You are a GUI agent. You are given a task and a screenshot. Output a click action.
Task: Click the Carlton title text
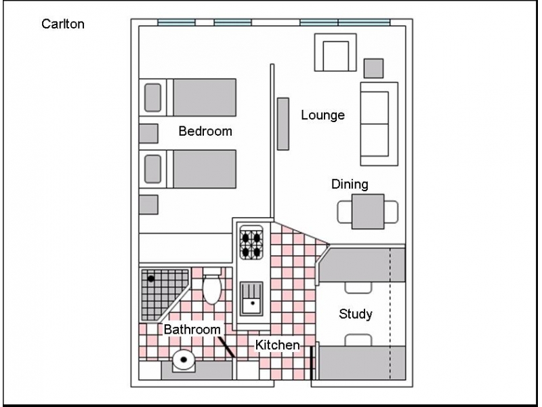[63, 24]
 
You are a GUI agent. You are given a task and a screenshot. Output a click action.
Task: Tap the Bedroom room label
[205, 131]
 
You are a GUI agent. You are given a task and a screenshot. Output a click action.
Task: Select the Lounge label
[323, 115]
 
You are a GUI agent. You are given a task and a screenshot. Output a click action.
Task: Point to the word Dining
[350, 185]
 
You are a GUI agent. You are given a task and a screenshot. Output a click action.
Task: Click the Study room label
[355, 314]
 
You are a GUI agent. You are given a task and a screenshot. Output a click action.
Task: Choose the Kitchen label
[278, 345]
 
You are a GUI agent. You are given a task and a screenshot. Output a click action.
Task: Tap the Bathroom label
[192, 329]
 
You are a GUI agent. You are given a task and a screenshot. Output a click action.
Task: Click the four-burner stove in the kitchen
[251, 242]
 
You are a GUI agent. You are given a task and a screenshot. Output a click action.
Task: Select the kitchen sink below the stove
[251, 298]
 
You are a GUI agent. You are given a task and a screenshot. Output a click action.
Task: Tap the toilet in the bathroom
[212, 286]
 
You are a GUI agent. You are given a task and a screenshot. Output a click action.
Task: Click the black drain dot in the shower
[150, 279]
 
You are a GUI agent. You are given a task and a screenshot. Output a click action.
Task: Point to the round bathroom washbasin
[184, 360]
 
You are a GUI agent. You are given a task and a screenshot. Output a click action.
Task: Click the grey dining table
[368, 212]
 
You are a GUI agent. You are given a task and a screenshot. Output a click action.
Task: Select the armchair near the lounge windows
[335, 53]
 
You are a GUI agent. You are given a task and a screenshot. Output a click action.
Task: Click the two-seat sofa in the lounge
[379, 124]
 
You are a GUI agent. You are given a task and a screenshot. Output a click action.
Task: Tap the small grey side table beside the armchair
[373, 69]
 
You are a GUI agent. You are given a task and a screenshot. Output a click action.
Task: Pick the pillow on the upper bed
[153, 98]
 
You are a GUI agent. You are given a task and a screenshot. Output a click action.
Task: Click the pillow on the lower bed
[153, 169]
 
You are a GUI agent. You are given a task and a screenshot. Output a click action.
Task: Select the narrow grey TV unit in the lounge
[283, 124]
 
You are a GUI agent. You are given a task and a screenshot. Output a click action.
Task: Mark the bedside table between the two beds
[148, 134]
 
